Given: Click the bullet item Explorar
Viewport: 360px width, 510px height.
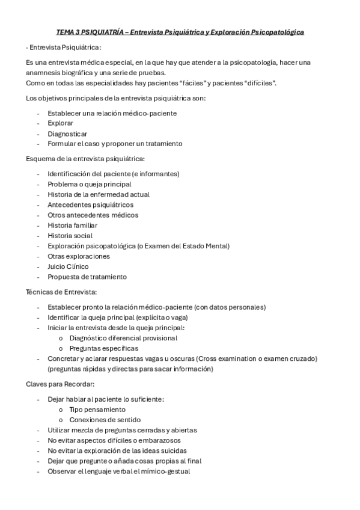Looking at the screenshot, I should click(x=61, y=123).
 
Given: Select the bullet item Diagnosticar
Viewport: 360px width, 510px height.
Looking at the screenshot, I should click(x=67, y=133).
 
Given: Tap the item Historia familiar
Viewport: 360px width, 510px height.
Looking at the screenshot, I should click(x=72, y=225).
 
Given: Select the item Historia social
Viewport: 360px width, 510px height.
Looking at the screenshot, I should click(x=70, y=235).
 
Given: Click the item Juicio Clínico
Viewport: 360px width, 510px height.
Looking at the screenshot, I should click(x=68, y=266).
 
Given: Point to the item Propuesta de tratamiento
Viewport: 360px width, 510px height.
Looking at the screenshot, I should click(x=87, y=277).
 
